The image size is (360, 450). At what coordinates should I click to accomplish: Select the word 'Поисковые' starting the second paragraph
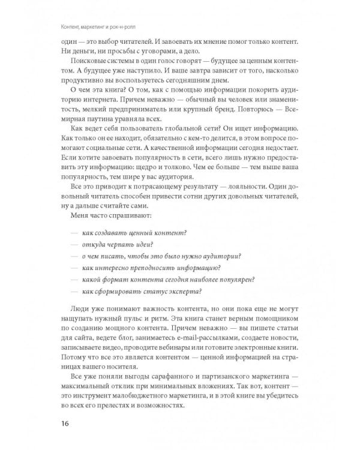coord(90,69)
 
